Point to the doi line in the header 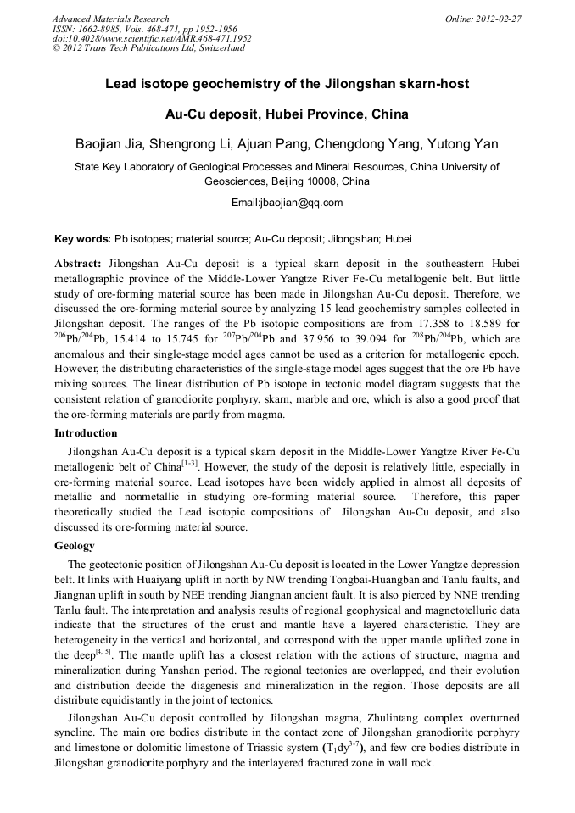point(152,38)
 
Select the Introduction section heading point(87,433)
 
